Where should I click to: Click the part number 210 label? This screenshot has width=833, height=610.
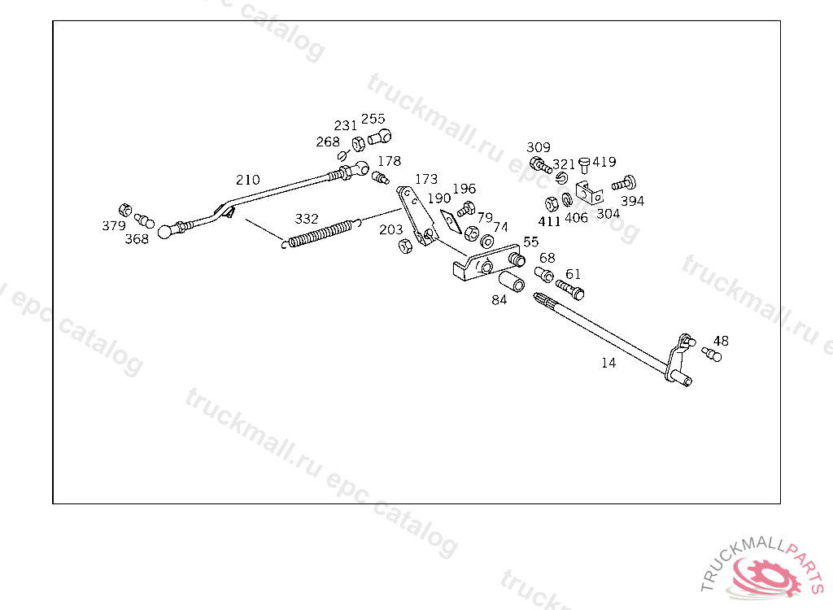point(247,180)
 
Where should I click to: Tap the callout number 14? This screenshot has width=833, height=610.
point(608,363)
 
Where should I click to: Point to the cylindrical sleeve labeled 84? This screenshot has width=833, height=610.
point(511,281)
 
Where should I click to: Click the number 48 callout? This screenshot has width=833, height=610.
point(721,341)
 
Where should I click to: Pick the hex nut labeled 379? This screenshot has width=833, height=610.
point(124,210)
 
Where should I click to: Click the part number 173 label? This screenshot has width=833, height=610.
point(426,179)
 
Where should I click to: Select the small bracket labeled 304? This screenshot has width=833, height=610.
point(589,193)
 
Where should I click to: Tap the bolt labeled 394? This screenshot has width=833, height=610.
point(624,183)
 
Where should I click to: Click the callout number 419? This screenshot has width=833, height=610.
point(604,162)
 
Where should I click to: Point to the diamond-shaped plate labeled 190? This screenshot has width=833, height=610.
point(451,221)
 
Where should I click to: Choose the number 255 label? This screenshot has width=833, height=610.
point(373,119)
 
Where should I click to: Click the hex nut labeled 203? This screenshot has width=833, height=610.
point(405,246)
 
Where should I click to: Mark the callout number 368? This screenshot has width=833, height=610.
point(137,239)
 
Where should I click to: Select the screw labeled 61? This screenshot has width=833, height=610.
point(570,289)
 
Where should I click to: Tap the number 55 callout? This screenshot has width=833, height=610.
point(530,242)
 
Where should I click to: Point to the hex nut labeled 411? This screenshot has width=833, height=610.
point(552,204)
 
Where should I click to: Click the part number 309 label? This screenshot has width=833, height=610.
point(539,147)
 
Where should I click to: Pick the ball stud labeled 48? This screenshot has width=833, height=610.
point(712,355)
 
